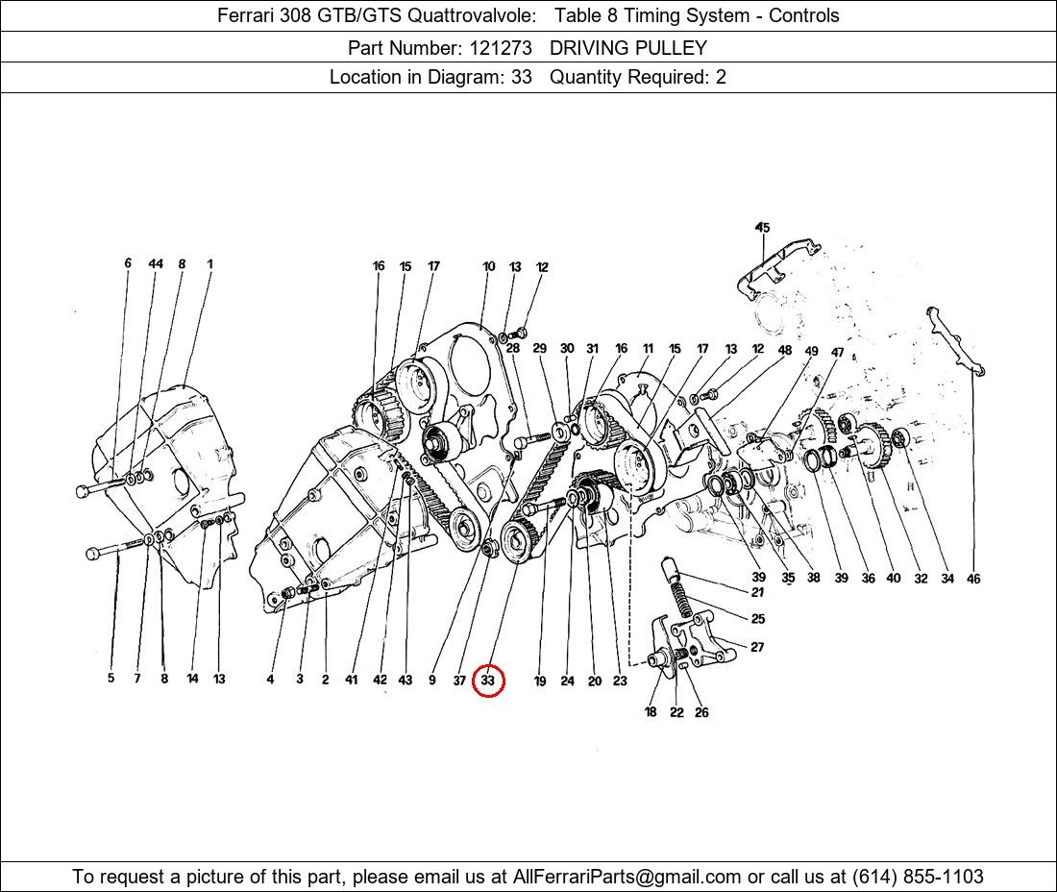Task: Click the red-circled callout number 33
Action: (487, 681)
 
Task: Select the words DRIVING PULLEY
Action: (628, 48)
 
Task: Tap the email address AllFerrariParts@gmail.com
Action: (627, 877)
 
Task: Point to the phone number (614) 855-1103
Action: (918, 877)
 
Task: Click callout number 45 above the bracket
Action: (762, 227)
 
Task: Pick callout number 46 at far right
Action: (973, 579)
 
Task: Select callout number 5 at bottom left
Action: (111, 679)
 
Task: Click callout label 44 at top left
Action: (156, 263)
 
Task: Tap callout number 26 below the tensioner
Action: (701, 712)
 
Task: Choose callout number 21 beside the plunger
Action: (758, 592)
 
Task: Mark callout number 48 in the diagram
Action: (785, 351)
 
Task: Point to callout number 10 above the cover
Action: (489, 266)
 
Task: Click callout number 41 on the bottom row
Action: (351, 680)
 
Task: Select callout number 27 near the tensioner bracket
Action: (758, 647)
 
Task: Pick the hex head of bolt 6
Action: (83, 491)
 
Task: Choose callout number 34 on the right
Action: (947, 579)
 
